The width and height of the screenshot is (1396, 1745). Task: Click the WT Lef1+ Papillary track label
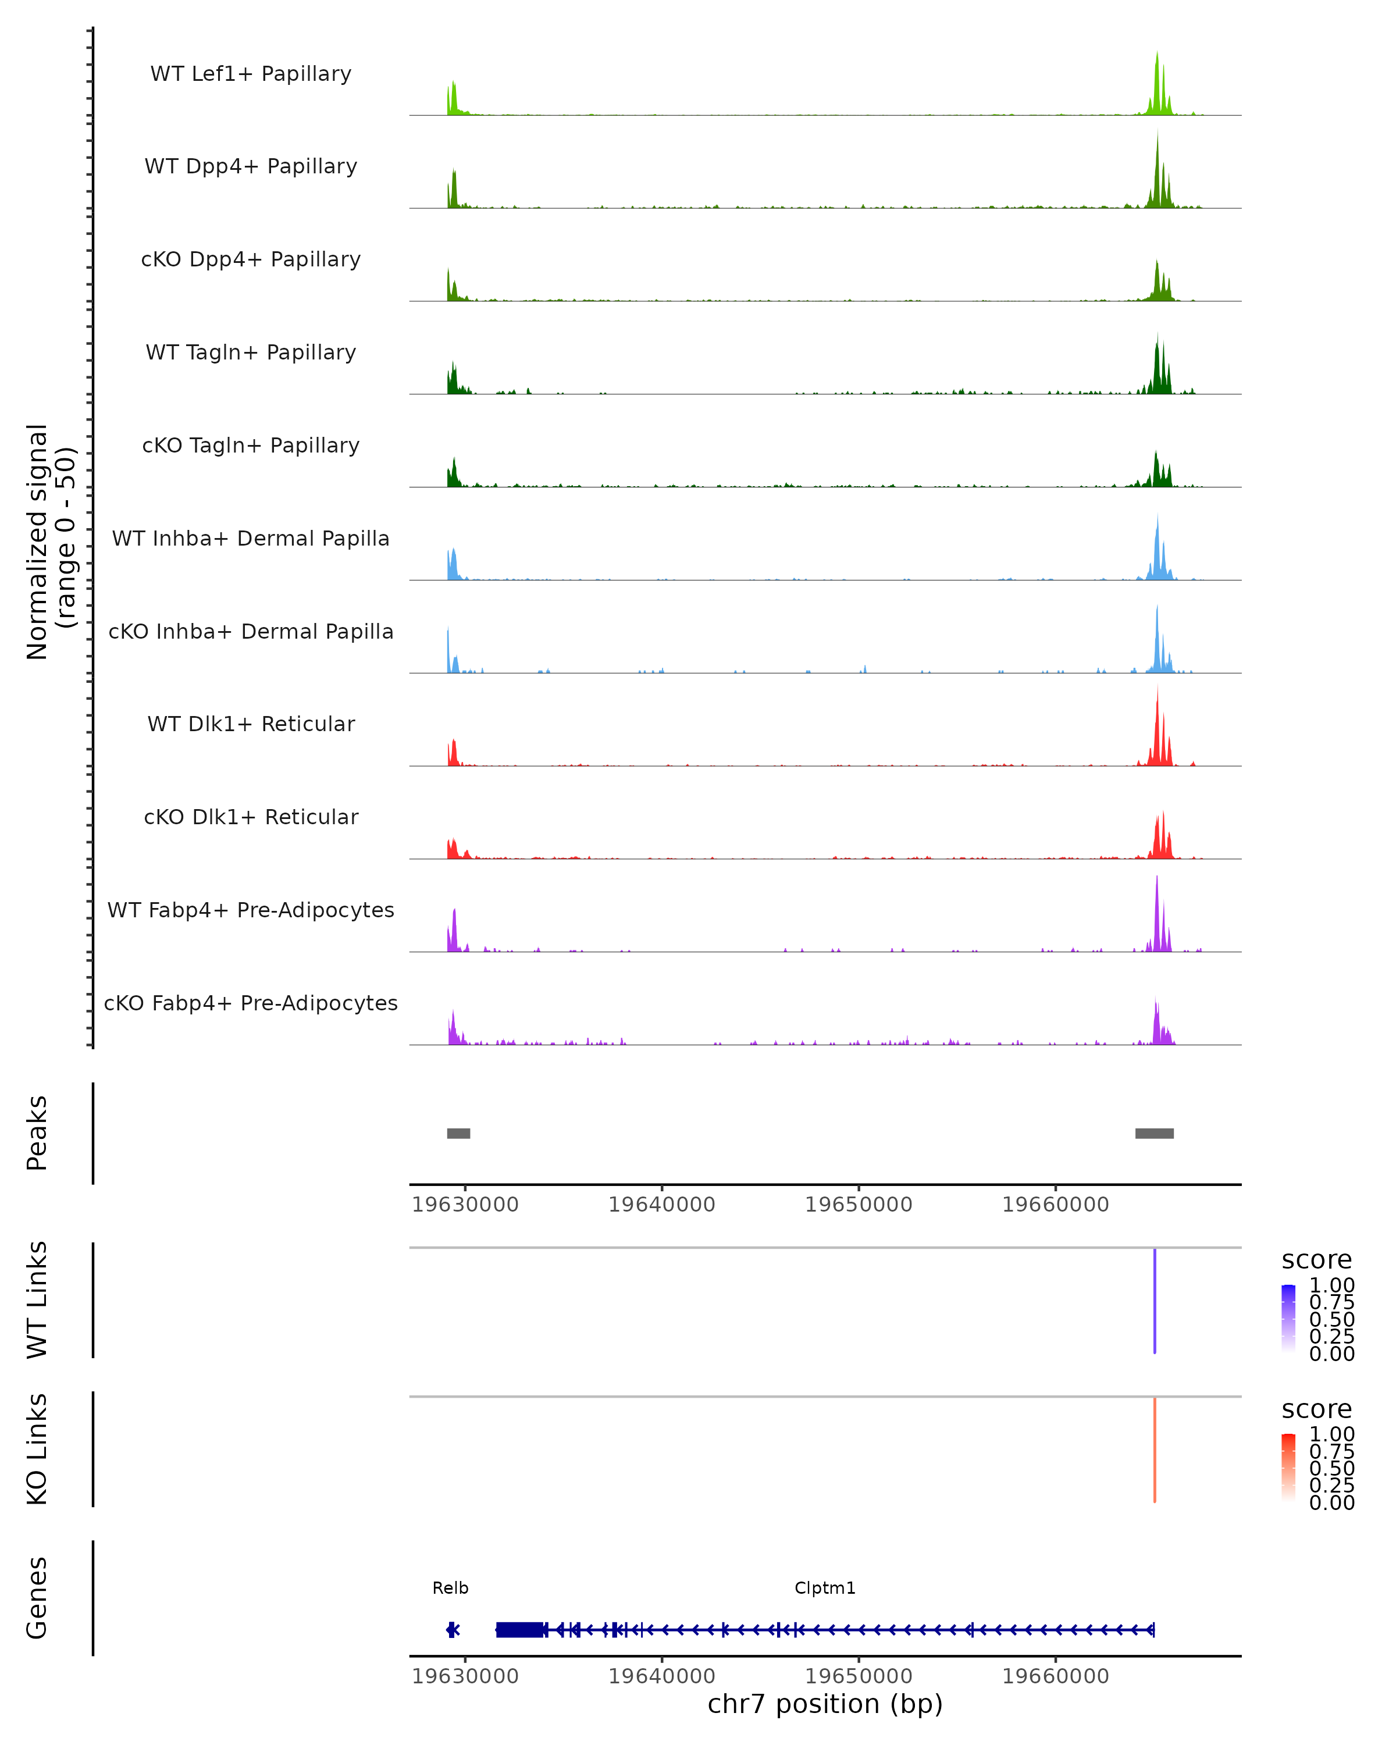251,74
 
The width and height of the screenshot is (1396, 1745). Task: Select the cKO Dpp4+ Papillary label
251,260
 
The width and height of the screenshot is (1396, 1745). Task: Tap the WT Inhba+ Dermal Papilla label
251,539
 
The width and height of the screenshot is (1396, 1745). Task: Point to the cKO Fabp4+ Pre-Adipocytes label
251,1003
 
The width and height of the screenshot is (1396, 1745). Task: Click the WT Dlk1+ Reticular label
251,724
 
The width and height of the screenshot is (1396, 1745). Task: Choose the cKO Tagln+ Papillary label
251,446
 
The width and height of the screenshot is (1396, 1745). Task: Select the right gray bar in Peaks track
1154,1133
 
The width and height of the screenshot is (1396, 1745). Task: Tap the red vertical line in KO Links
1155,1450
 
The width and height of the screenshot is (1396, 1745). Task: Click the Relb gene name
450,1588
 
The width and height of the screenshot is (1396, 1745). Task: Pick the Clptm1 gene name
825,1588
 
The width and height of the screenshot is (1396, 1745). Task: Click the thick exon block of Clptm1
519,1630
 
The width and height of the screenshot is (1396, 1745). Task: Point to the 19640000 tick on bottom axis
662,1676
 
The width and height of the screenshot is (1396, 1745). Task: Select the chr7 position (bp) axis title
825,1704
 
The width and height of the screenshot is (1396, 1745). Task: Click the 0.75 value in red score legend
1331,1451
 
